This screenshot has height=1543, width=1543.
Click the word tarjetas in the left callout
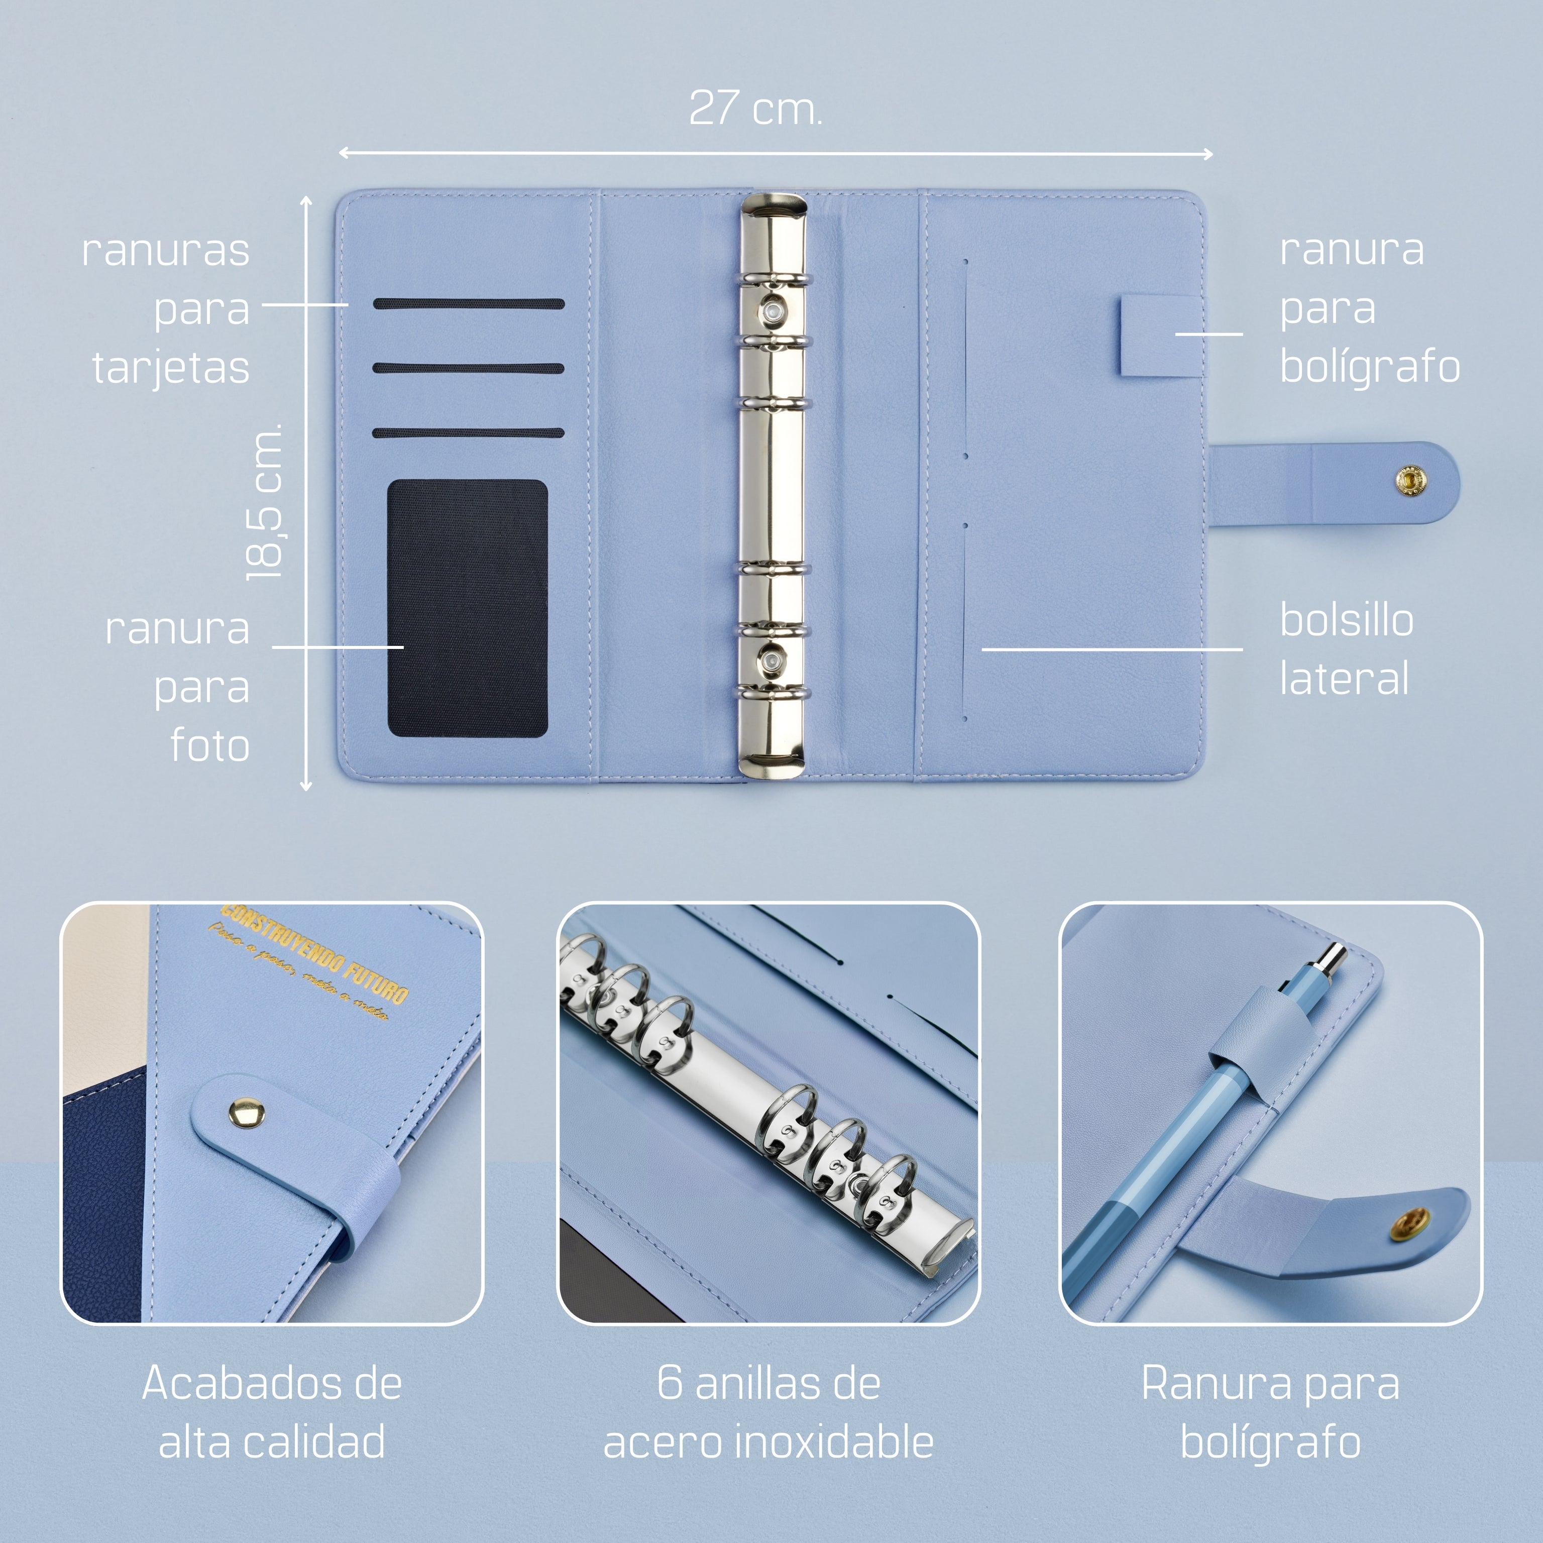pos(171,368)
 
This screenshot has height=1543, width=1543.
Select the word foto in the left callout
pos(210,746)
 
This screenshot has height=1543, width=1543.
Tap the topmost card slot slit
pos(469,303)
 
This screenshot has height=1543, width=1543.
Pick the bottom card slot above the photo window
pos(469,433)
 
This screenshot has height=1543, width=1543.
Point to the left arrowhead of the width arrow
pos(343,153)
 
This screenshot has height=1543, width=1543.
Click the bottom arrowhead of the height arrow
pos(306,787)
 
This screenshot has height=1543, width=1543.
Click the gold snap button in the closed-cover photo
pos(247,1113)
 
